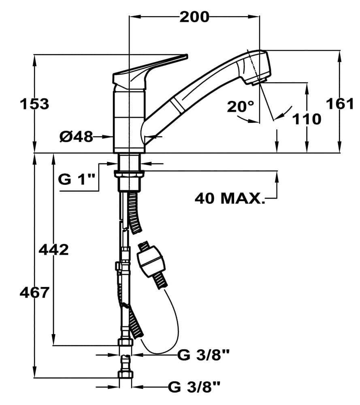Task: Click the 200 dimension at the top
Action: [194, 17]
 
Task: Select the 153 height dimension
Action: [34, 104]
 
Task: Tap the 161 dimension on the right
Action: [340, 104]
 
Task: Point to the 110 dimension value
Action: [307, 119]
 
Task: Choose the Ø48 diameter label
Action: [76, 137]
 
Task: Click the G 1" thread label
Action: [77, 179]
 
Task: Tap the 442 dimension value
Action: [53, 250]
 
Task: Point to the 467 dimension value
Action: [34, 292]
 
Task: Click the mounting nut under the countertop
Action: [130, 175]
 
